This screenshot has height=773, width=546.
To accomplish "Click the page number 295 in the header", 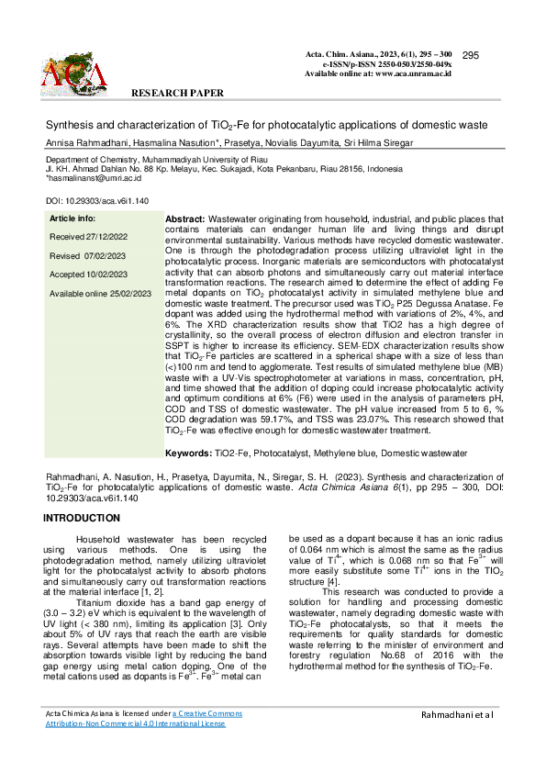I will pyautogui.click(x=472, y=56).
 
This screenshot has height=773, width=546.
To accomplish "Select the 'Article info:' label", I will pyautogui.click(x=72, y=218).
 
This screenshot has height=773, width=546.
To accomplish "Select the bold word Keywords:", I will pyautogui.click(x=189, y=454).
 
